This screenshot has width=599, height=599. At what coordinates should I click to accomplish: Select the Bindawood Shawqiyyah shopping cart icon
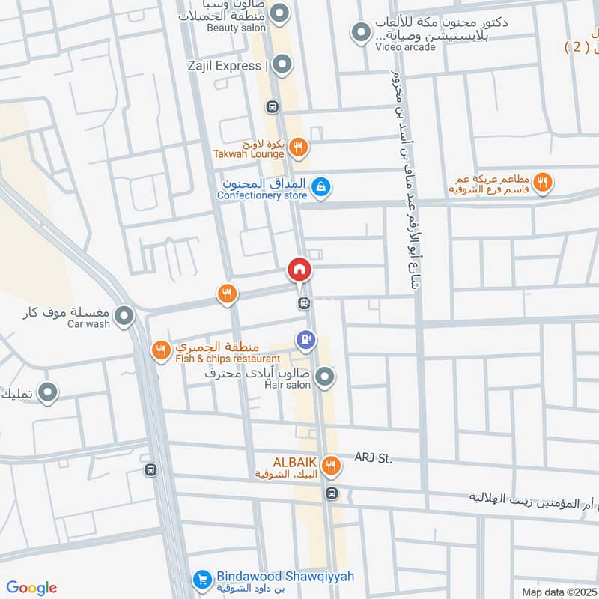click(201, 579)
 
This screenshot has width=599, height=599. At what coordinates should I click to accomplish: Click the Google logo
click(31, 588)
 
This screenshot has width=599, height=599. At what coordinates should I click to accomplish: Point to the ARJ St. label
click(373, 458)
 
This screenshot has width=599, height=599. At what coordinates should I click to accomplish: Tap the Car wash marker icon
click(125, 317)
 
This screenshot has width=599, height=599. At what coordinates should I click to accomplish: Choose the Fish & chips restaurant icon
click(161, 349)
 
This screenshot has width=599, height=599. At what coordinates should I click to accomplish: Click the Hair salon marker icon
click(324, 378)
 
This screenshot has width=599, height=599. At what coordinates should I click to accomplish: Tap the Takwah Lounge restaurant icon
click(298, 148)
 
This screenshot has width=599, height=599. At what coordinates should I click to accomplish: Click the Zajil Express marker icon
click(282, 65)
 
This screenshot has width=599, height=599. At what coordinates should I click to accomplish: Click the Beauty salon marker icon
click(280, 13)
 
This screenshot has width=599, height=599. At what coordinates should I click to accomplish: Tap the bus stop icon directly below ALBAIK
click(332, 493)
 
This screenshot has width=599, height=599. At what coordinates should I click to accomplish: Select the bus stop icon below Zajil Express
click(272, 107)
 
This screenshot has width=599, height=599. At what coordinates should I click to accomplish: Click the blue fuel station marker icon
click(305, 341)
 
